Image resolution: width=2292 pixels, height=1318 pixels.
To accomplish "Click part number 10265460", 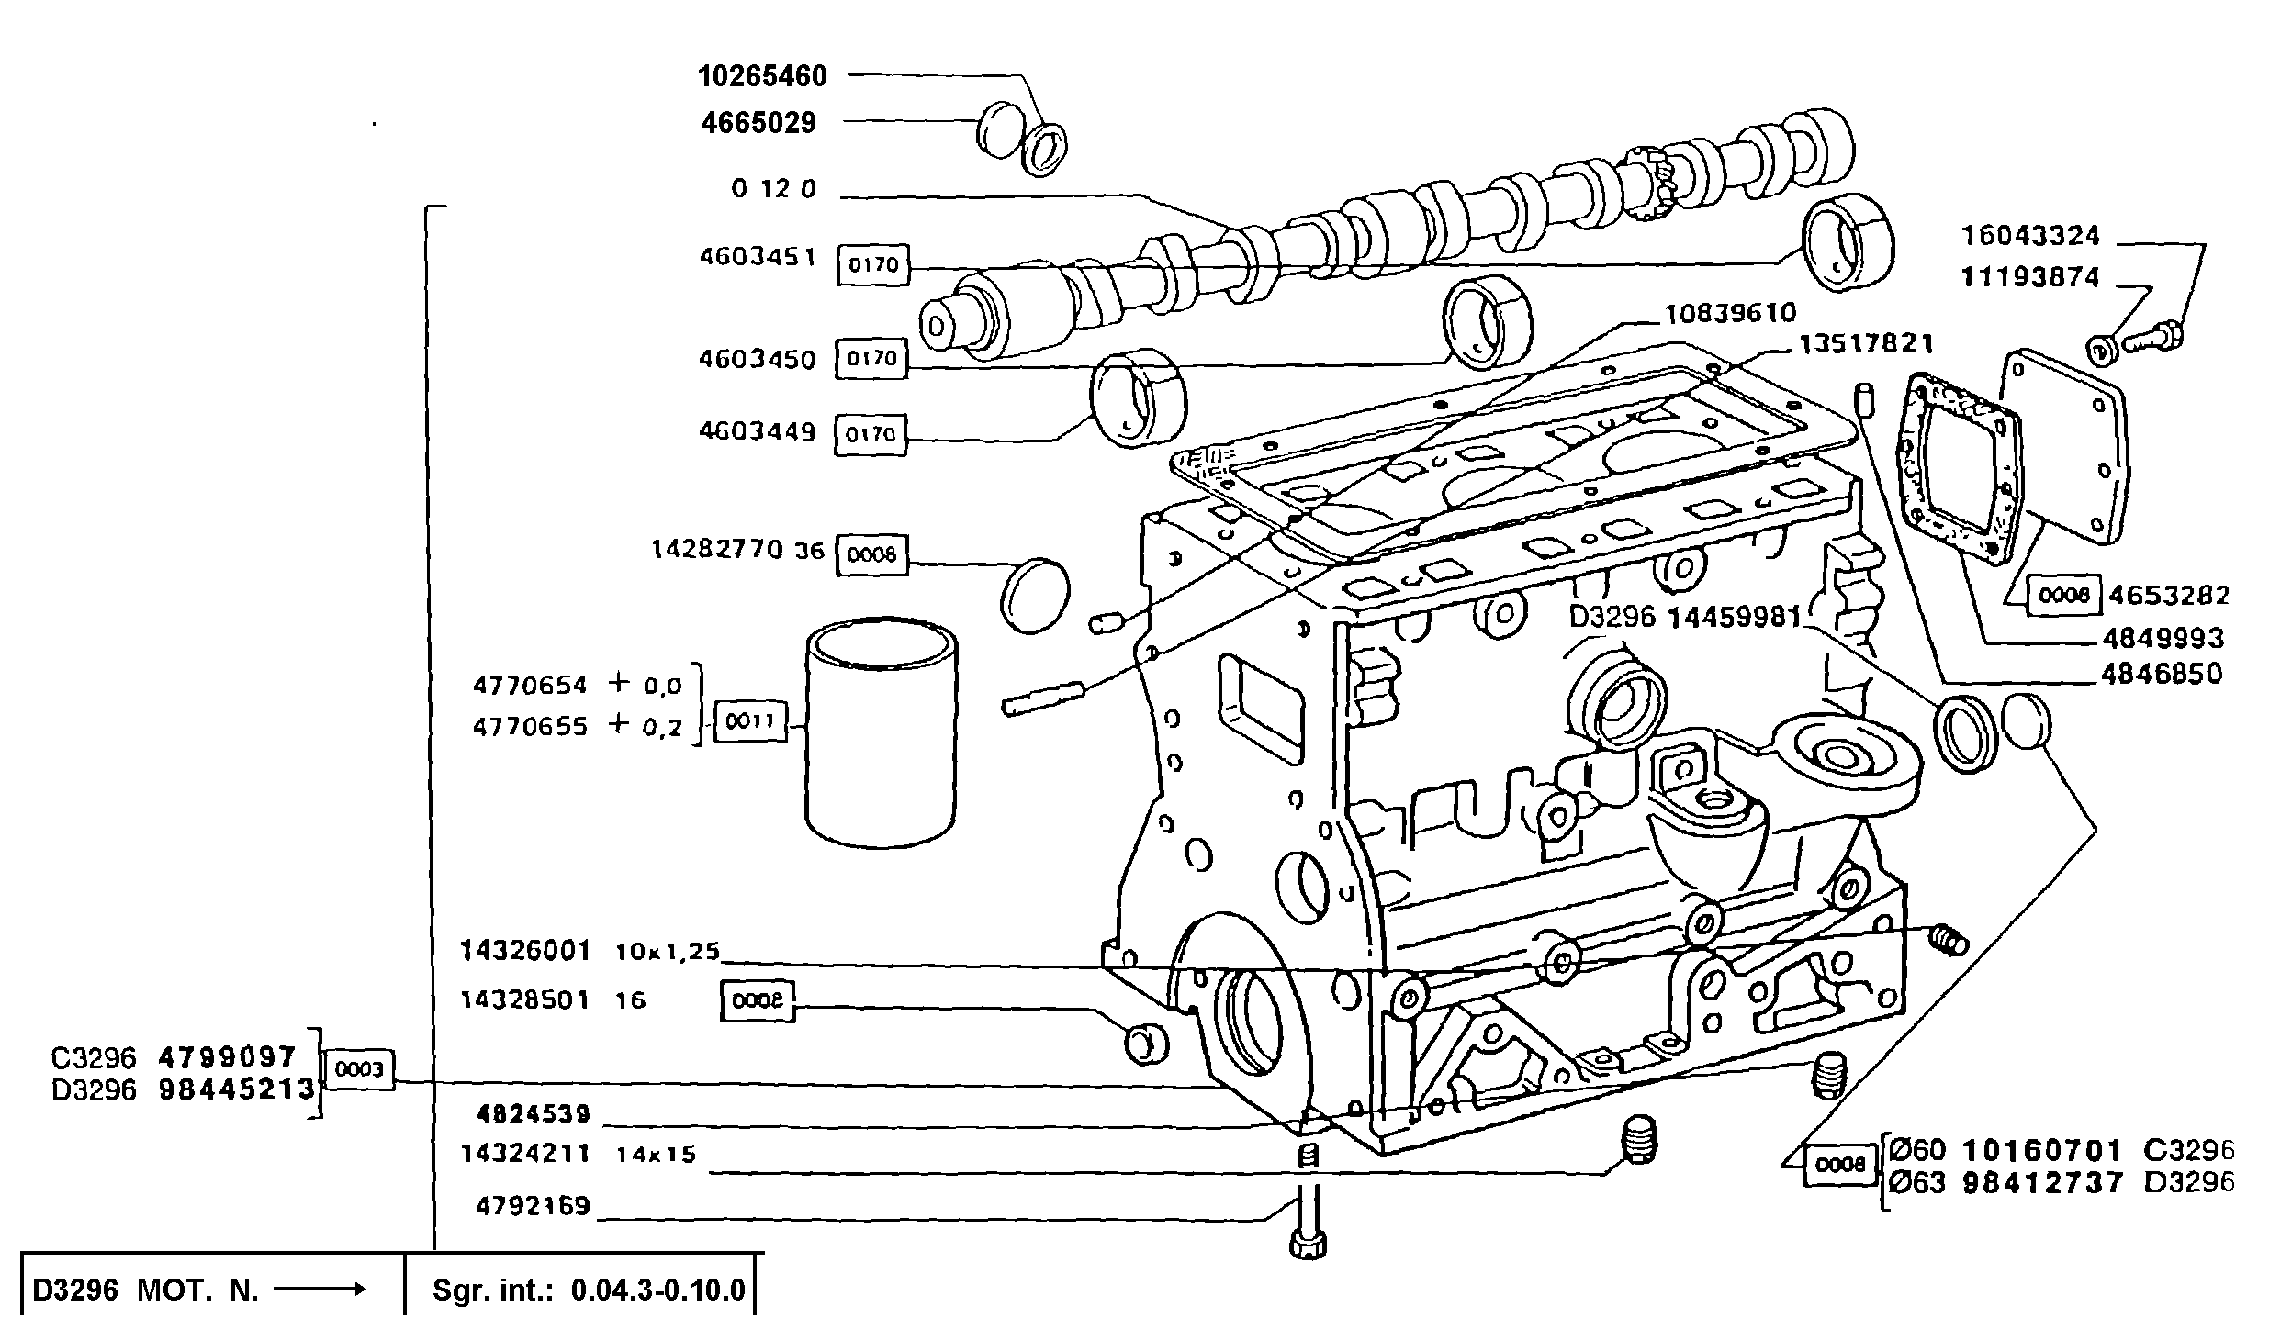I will pos(762,75).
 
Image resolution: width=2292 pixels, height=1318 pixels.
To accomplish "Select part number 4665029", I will pos(758,122).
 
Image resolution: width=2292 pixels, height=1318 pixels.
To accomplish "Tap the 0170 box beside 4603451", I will pos(872,265).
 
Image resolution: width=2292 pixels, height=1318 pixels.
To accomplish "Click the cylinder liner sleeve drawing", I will pos(881,732).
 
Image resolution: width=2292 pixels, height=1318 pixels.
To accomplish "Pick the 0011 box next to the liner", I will pos(750,721).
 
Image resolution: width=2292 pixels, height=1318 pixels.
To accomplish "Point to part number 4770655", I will pos(530,727).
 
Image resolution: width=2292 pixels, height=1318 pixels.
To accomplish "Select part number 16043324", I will pos(2029,236).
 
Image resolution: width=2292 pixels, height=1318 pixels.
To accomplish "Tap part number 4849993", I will pos(2163,638).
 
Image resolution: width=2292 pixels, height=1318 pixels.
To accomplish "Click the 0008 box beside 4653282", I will pos(2063,596).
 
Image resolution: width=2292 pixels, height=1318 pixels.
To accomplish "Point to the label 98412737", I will pos(2042,1182).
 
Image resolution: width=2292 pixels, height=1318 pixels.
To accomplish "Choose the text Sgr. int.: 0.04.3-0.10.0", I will pos(589,1290).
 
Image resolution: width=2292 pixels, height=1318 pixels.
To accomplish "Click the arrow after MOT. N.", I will pos(320,1289).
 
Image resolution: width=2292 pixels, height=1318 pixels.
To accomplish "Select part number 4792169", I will pos(533,1205).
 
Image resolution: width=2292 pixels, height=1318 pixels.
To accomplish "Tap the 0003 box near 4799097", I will pos(359,1070).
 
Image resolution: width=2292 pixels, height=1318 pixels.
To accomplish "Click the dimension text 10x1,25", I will pos(667,952).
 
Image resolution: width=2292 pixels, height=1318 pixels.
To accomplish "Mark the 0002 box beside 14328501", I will pos(757,1001).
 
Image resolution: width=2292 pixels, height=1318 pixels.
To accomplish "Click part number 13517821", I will pos(1866,343).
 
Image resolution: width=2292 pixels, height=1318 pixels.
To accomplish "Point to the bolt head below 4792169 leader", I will pos(1309,1245).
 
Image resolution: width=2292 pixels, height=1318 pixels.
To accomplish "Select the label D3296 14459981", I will pos(1685,618).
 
